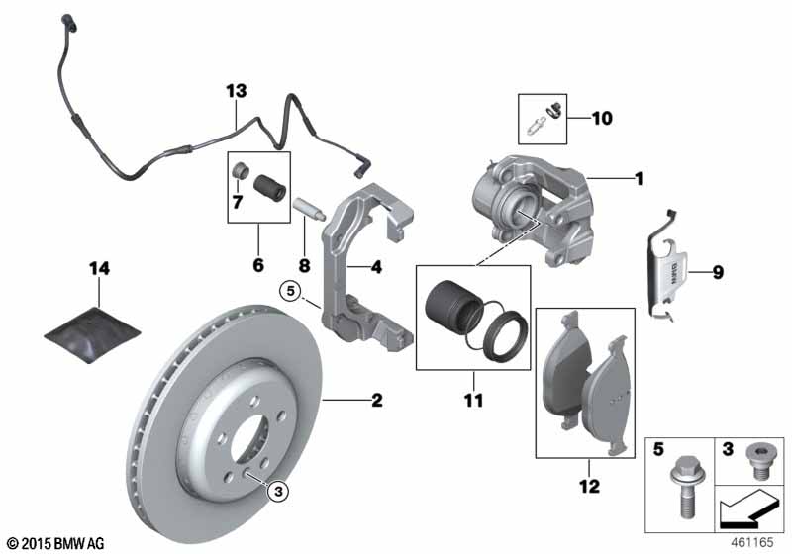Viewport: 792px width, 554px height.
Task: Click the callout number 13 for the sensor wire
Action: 237,91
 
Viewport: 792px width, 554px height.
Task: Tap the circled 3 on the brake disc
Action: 279,491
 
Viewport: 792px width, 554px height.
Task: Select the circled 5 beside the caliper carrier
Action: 290,291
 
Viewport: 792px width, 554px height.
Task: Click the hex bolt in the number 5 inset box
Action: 683,488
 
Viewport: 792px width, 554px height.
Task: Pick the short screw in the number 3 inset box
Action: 756,462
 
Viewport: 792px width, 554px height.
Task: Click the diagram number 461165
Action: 751,543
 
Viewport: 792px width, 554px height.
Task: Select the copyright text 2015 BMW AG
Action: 56,543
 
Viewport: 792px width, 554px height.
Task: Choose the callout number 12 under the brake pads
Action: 589,486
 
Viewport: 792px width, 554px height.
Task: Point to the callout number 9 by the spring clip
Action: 718,272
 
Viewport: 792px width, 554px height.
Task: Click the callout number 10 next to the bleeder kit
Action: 602,118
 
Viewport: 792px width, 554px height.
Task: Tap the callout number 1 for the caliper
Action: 639,179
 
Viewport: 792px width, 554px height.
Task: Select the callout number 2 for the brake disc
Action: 377,400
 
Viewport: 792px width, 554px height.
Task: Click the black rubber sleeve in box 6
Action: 269,187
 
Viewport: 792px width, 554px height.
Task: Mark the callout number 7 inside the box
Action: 238,203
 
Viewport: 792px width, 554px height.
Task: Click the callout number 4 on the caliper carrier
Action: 376,267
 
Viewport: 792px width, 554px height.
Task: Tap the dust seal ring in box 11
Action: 506,336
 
